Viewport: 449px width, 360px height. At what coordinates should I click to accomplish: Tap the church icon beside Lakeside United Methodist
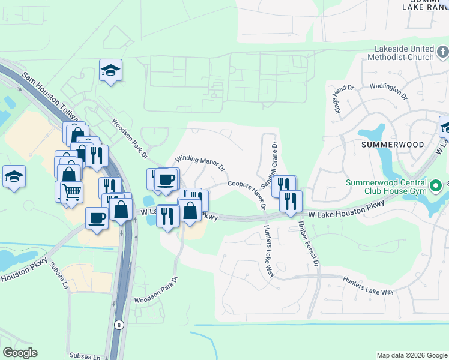[442, 53]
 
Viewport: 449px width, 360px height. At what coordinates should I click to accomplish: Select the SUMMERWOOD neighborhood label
[393, 145]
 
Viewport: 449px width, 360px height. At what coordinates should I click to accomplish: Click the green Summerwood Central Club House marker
[438, 184]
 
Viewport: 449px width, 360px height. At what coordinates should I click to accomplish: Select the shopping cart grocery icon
[71, 191]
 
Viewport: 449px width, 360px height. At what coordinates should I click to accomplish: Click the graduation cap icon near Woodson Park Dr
[111, 70]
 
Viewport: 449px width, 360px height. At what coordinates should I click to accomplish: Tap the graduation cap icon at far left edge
[14, 177]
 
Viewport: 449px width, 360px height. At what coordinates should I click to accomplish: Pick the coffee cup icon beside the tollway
[97, 218]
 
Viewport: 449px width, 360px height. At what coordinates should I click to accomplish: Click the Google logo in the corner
[20, 353]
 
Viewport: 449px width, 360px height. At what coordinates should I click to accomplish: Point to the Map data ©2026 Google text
[412, 355]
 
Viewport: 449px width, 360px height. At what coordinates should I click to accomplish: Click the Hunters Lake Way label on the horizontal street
[368, 286]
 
